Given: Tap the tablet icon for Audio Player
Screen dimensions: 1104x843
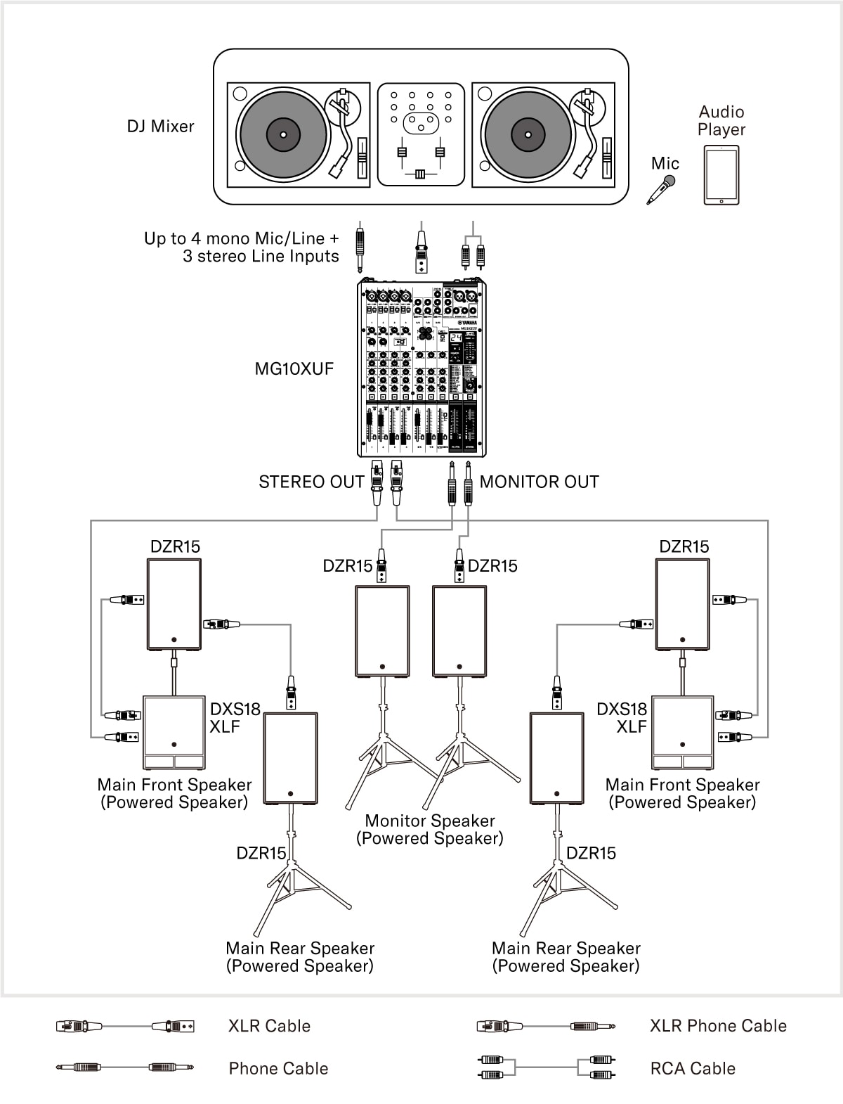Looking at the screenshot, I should (x=721, y=175).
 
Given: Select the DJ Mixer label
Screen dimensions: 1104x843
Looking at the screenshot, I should (x=160, y=127).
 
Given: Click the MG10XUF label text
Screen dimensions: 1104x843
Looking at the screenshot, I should (x=294, y=368).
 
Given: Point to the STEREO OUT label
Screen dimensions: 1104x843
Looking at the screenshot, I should (x=311, y=482).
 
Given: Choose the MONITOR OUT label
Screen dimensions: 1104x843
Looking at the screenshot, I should (x=539, y=482).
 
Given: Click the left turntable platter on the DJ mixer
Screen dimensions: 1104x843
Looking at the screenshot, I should (x=284, y=134).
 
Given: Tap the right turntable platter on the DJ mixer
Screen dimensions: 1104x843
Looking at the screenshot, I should (x=528, y=134).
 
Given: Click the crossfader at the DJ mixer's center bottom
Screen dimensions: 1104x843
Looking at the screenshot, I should (x=420, y=174).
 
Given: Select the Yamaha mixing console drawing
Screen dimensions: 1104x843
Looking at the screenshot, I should (x=421, y=368).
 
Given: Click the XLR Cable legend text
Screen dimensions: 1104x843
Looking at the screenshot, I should (x=269, y=1026).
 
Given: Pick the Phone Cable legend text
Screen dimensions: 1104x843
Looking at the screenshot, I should (x=278, y=1068).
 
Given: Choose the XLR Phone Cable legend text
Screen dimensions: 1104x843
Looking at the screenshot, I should (x=718, y=1026).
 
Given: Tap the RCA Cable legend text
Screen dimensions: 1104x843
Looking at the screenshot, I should (x=693, y=1068).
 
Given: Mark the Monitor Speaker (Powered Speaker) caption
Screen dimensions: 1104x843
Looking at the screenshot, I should (x=430, y=830).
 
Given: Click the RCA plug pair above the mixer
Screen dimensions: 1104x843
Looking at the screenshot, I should (x=473, y=254).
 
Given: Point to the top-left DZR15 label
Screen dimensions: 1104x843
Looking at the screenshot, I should (x=175, y=546).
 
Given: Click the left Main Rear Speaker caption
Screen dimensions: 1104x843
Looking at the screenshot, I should (x=300, y=957).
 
